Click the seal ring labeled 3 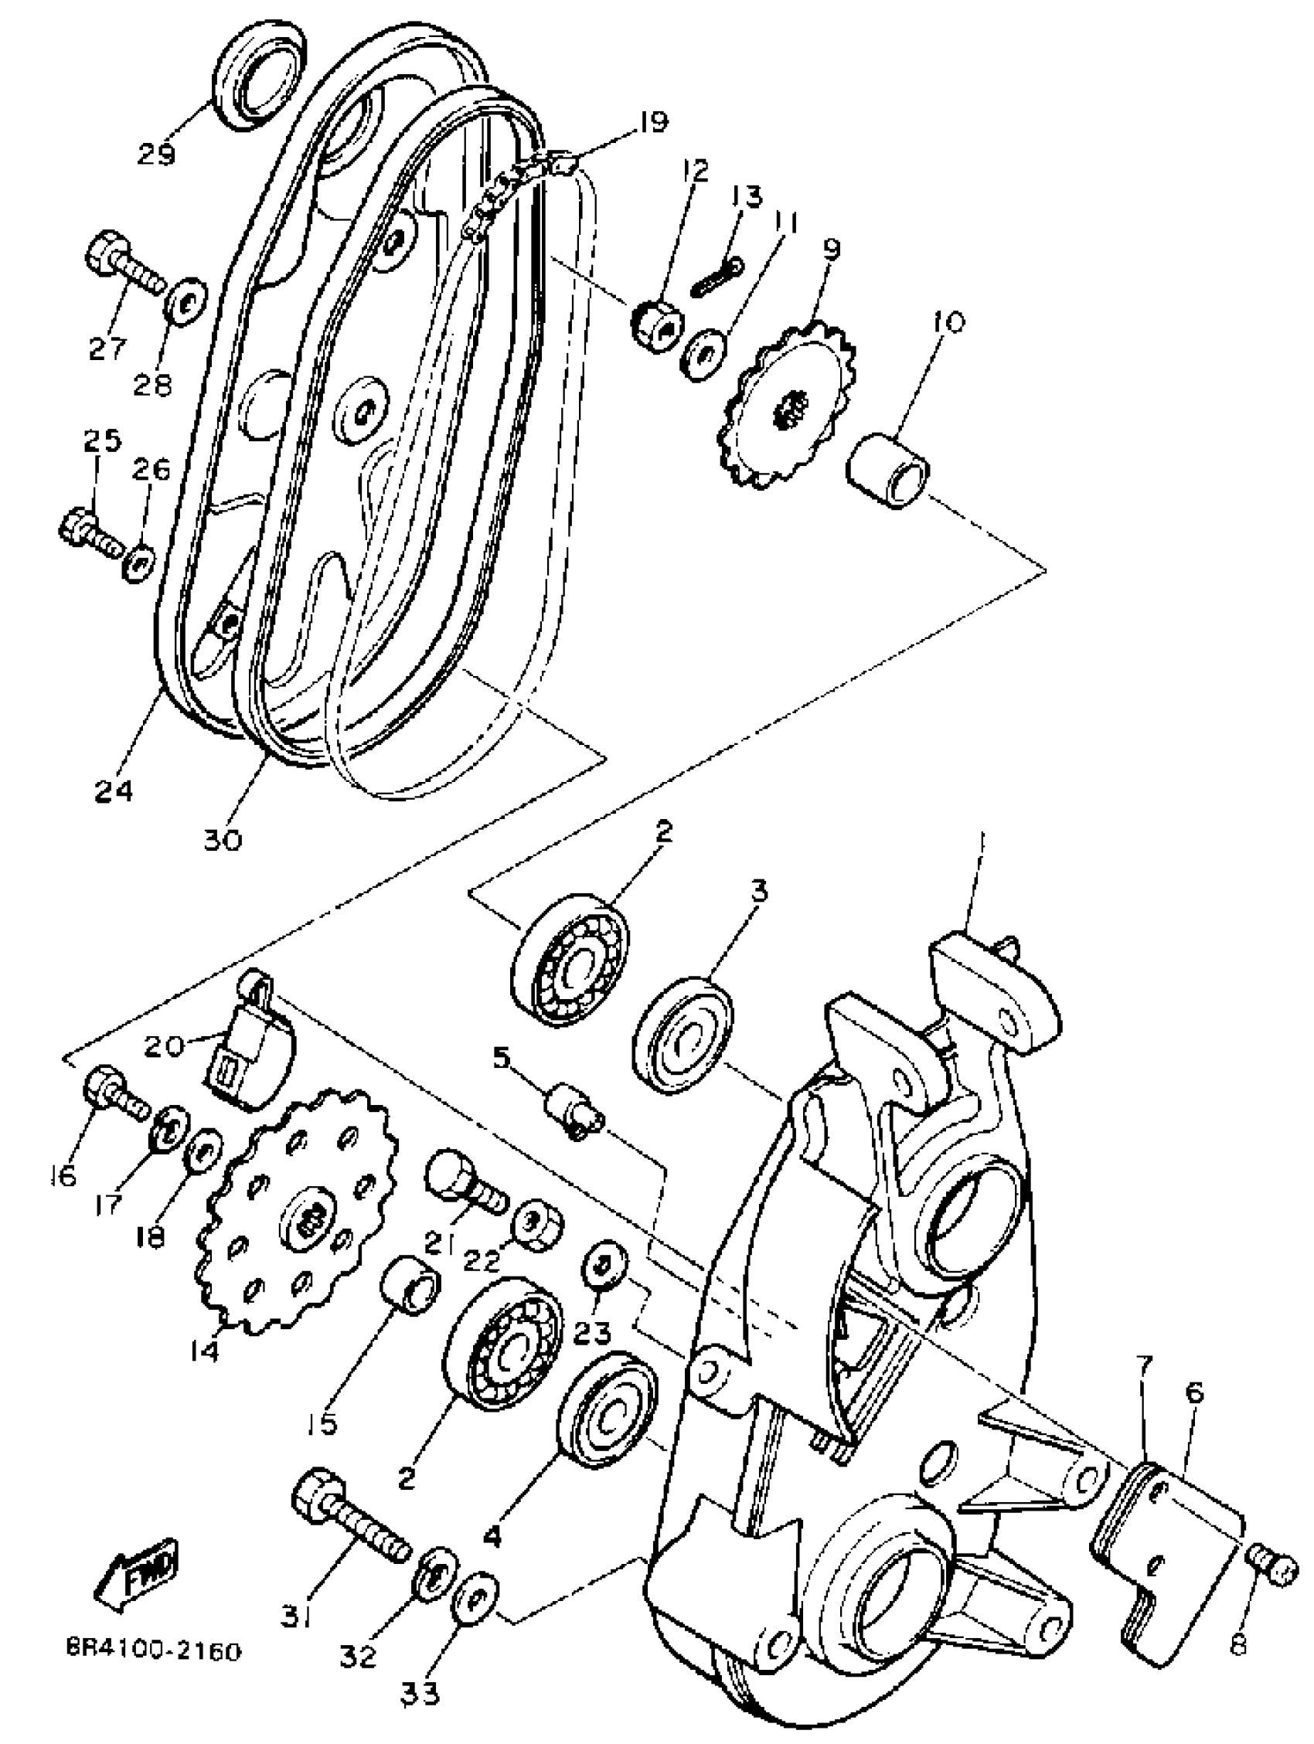(x=684, y=1034)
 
